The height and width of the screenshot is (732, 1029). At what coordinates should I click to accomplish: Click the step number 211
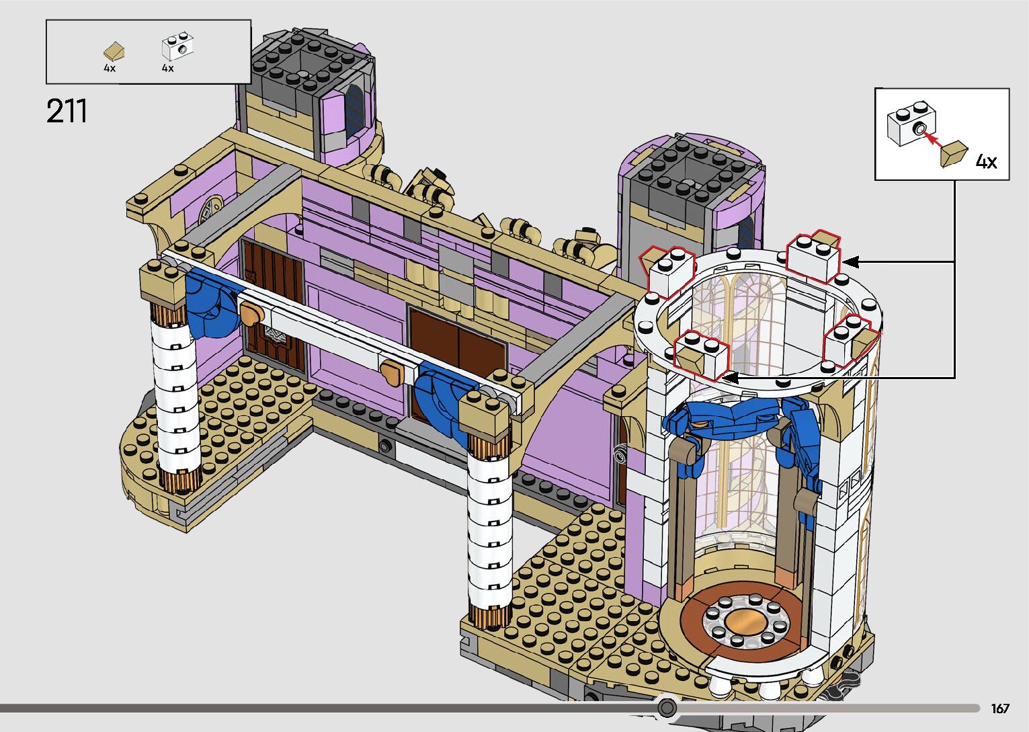[67, 111]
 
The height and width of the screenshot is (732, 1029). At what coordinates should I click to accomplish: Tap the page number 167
[1000, 708]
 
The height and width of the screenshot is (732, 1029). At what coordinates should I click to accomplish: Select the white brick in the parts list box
[177, 46]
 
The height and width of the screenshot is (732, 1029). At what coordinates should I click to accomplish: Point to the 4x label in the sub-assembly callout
[986, 161]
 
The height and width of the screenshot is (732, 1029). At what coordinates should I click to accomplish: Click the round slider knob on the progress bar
[667, 706]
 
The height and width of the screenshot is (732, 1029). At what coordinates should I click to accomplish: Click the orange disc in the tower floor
[742, 622]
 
